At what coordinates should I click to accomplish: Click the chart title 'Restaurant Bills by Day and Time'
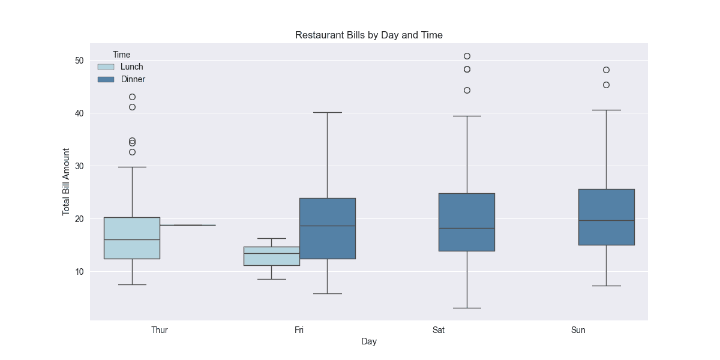coord(368,35)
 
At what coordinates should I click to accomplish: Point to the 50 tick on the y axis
coord(79,61)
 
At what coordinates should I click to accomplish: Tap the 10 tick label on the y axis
coord(79,272)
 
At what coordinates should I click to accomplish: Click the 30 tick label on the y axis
coord(79,166)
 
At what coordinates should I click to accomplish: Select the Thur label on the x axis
coord(160,330)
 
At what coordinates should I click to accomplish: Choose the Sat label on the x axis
coord(439,330)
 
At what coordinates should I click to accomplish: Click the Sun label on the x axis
coord(578,330)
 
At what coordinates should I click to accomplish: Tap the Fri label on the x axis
coord(299,330)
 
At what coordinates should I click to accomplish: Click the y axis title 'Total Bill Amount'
coord(67,182)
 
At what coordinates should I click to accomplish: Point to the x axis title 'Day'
coord(368,341)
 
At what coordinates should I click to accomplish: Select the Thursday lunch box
coord(132,238)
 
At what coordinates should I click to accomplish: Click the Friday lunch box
coord(271,256)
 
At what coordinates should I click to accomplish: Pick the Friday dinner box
coord(327,228)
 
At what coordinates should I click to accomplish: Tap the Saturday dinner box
coord(467,222)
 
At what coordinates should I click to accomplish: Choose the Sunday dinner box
coord(606,217)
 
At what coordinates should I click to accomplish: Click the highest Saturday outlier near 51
coord(467,56)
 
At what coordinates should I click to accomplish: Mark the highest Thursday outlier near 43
coord(132,97)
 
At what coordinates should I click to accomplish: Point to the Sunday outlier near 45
coord(606,85)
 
